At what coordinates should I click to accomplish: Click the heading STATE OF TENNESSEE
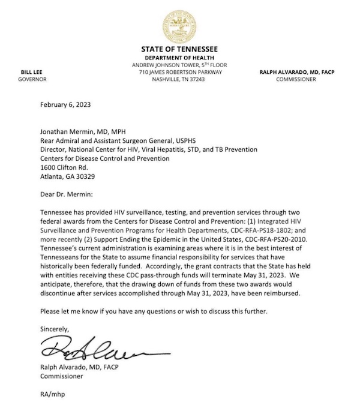179,49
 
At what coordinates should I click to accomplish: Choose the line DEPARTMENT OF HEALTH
180,57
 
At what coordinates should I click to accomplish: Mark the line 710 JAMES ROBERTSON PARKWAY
180,72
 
